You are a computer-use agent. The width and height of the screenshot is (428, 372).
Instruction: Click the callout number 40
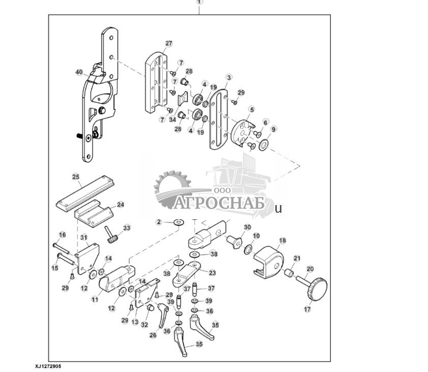(79, 73)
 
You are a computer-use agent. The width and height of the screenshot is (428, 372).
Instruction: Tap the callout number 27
(169, 44)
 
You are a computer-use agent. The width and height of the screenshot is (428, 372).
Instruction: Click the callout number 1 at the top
(199, 2)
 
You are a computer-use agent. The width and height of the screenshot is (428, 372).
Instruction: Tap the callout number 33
(127, 227)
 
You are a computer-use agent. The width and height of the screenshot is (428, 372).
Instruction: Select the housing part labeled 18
(270, 260)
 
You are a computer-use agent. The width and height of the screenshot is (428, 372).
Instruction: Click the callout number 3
(229, 77)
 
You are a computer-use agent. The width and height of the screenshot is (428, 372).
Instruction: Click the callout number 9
(274, 129)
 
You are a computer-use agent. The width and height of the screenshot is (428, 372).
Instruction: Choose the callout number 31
(84, 238)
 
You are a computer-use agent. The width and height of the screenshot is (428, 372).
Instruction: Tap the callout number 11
(95, 300)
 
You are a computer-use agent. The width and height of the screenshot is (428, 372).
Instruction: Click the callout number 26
(153, 335)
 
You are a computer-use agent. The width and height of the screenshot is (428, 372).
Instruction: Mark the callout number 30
(247, 227)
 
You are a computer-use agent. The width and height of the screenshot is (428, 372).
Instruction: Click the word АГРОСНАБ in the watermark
(219, 203)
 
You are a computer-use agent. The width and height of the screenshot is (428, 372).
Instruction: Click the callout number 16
(62, 235)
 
